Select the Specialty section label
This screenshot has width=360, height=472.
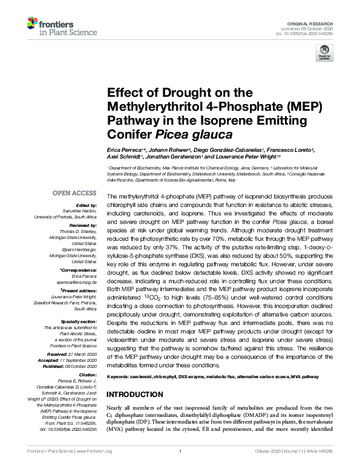pos(77,321)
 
